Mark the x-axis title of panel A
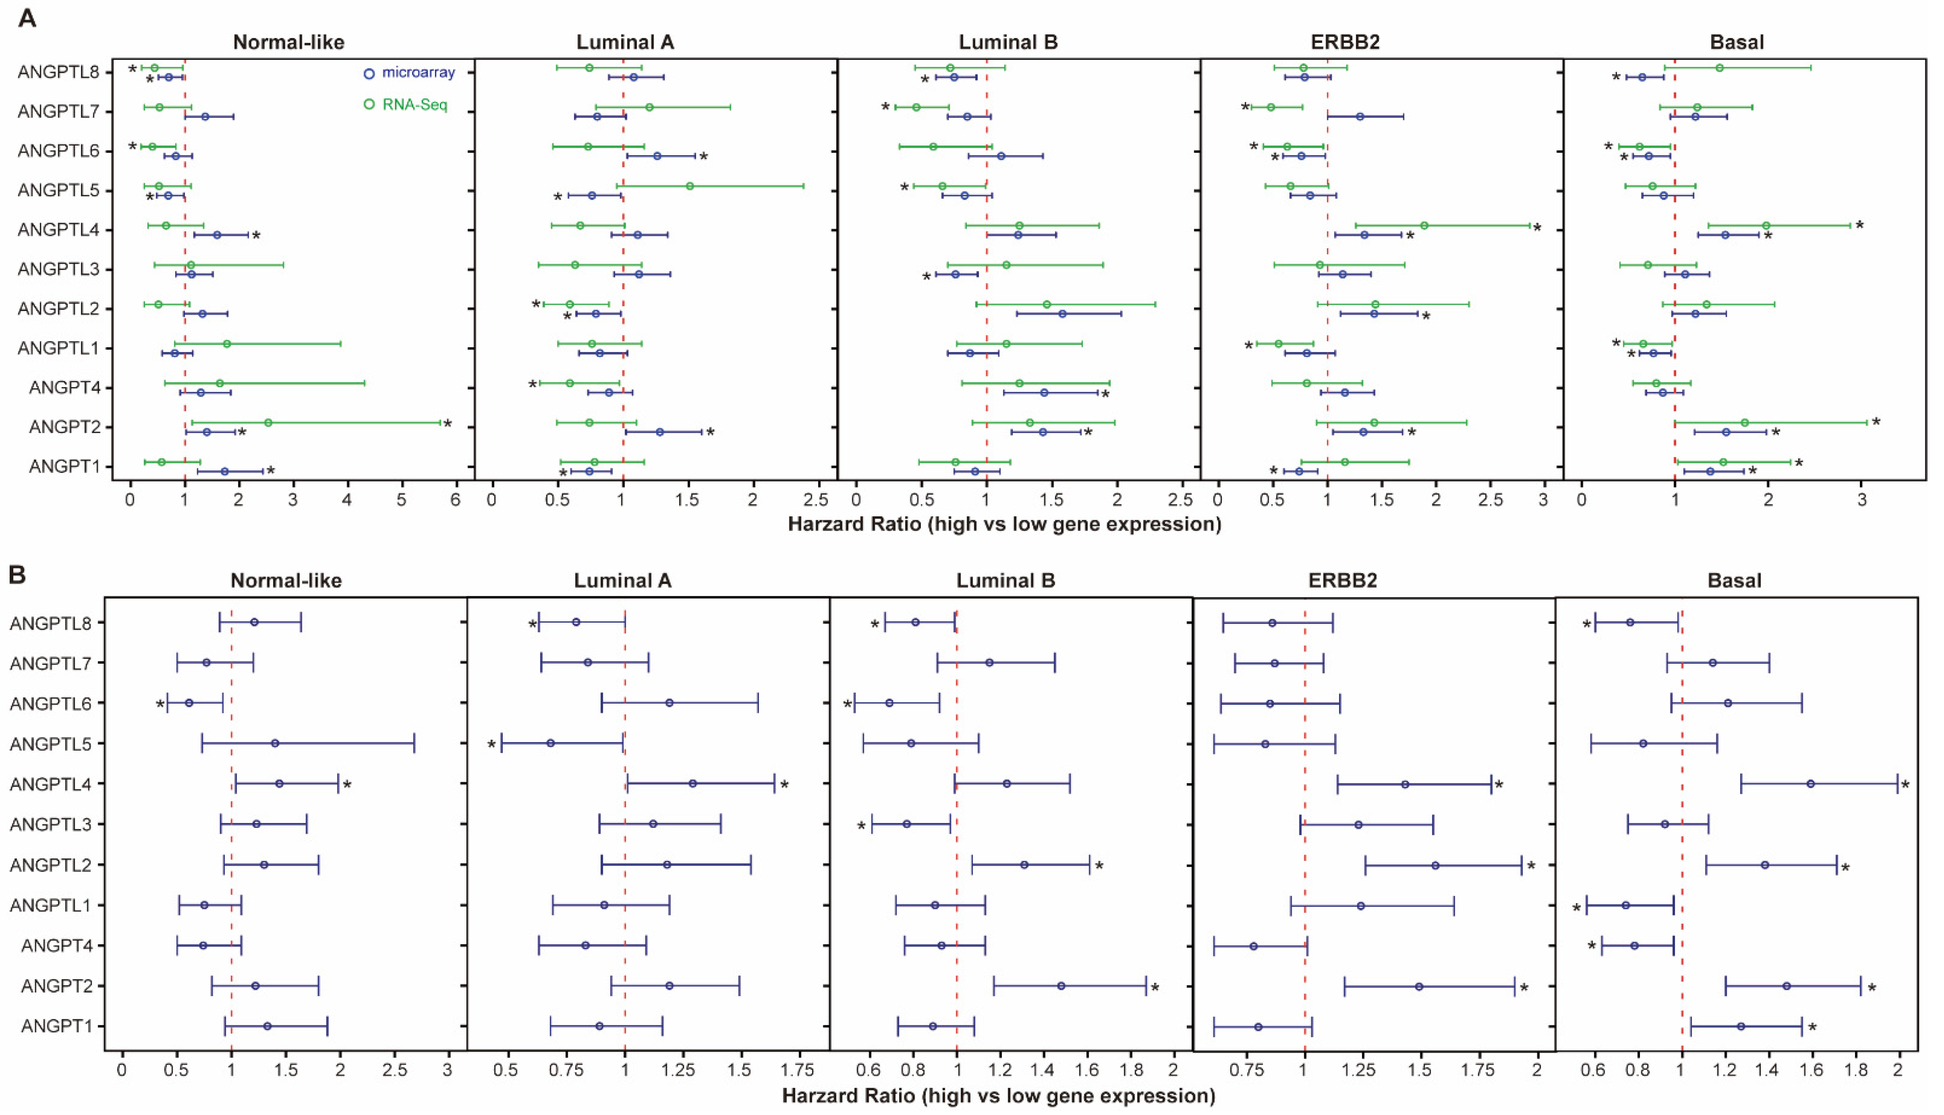1004,525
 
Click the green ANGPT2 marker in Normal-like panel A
268,423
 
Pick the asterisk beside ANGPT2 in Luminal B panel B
1155,988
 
